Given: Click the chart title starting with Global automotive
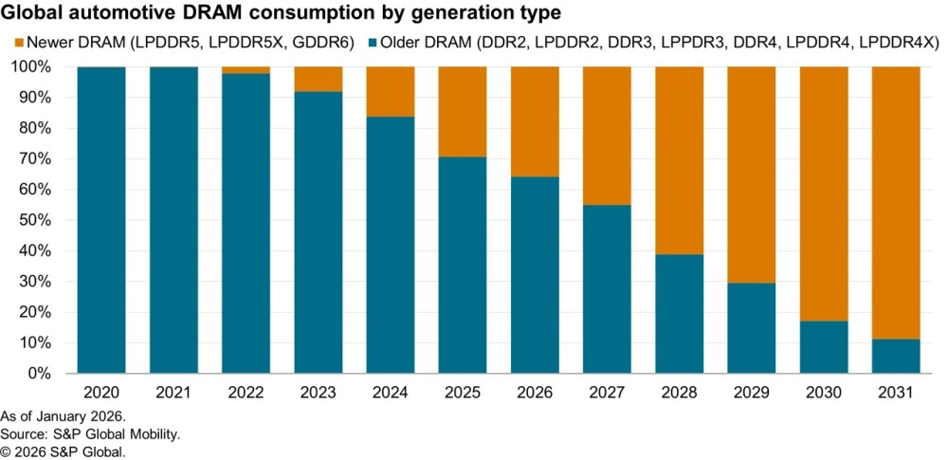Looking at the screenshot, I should pos(283,13).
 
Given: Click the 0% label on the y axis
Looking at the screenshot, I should pos(42,374).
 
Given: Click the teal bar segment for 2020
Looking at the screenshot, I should pos(101,220).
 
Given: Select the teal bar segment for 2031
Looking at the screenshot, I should pos(896,357).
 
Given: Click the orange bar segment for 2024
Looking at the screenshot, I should pos(391,92).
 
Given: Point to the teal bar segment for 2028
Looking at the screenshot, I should pos(680,314).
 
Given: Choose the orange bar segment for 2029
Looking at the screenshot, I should pos(752,175).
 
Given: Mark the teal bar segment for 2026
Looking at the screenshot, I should pos(535,275).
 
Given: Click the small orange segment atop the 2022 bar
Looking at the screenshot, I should pos(246,70).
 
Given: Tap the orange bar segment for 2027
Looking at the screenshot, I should pos(607,136).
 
